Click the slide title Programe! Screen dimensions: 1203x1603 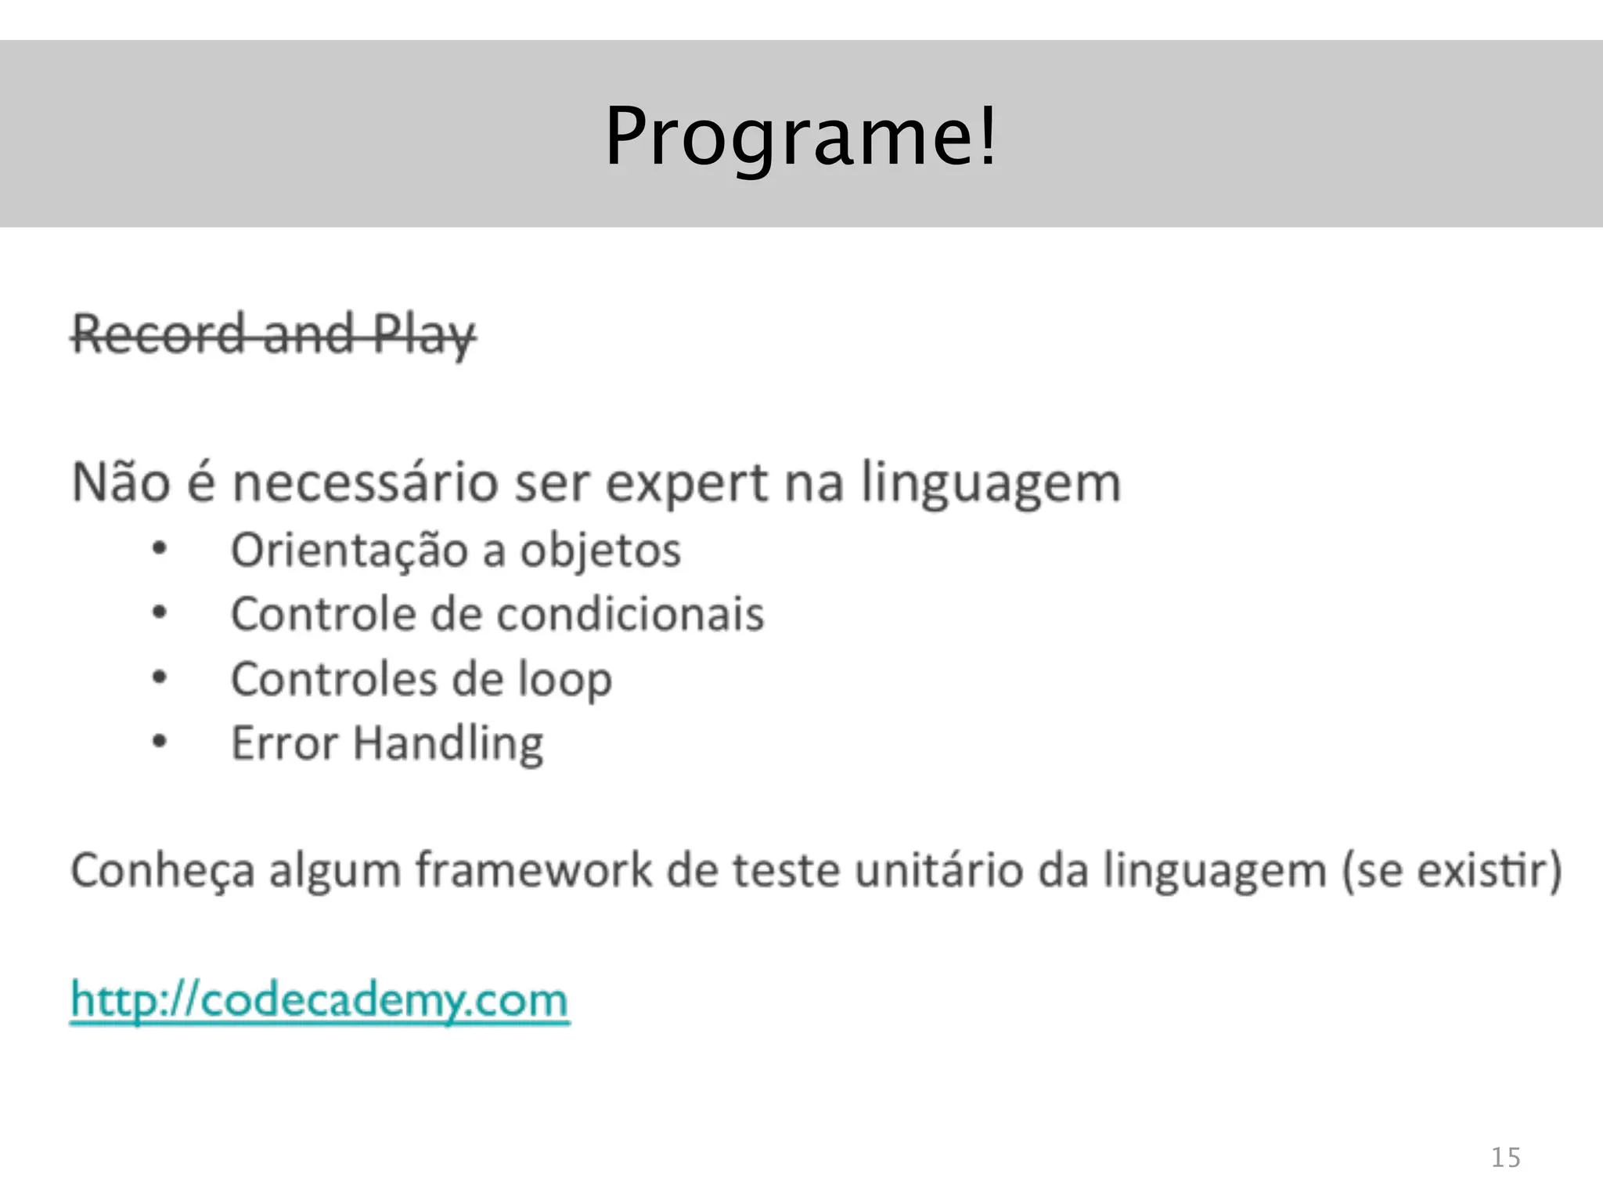pyautogui.click(x=801, y=136)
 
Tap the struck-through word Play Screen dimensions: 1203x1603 pyautogui.click(x=423, y=335)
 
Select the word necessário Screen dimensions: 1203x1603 pyautogui.click(x=365, y=482)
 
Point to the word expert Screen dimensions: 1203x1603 pyautogui.click(x=686, y=484)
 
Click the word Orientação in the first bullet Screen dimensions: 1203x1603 pyautogui.click(x=349, y=551)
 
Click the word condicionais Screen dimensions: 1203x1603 pyautogui.click(x=630, y=614)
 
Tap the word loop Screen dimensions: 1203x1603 pyautogui.click(x=565, y=681)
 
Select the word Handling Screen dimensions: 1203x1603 pyautogui.click(x=448, y=744)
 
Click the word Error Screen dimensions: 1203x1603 pyautogui.click(x=284, y=743)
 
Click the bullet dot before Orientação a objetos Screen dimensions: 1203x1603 pyautogui.click(x=160, y=550)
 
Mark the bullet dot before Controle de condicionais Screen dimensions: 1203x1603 pyautogui.click(x=160, y=612)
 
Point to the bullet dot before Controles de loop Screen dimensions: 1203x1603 pyautogui.click(x=160, y=677)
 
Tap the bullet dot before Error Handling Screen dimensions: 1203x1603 pyautogui.click(x=160, y=741)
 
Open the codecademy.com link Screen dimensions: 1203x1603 pyautogui.click(x=319, y=1000)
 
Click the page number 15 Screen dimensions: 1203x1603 pyautogui.click(x=1505, y=1158)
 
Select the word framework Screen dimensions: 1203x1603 pyautogui.click(x=534, y=870)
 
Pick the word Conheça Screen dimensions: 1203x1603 pyautogui.click(x=163, y=872)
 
